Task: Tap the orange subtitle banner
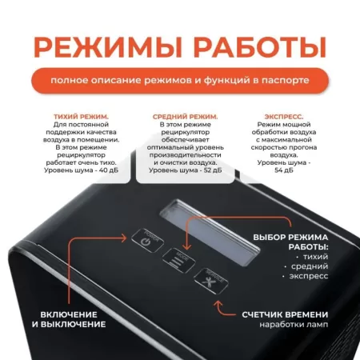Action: pyautogui.click(x=179, y=81)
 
